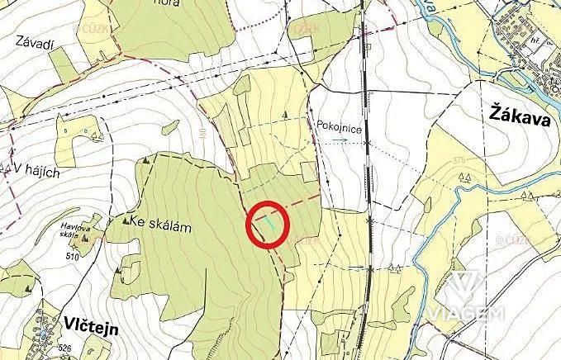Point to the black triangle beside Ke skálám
[124, 220]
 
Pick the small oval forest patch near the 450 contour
[170, 127]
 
